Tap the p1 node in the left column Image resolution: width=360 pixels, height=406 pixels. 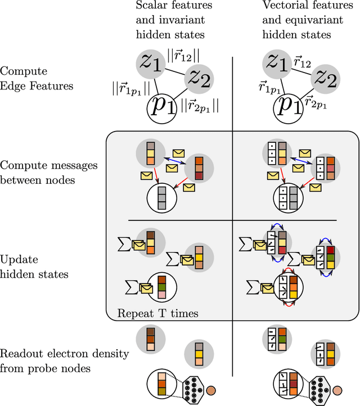coord(162,106)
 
